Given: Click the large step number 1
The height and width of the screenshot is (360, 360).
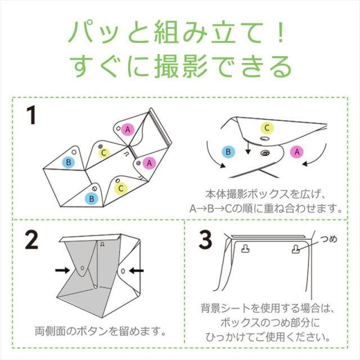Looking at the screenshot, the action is pos(31,115).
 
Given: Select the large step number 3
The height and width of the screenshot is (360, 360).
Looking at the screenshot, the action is pos(205,240).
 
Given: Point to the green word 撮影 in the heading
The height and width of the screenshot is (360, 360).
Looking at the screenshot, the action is pos(182,66).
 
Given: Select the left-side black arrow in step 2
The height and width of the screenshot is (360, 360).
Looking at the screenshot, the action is pos(62,270).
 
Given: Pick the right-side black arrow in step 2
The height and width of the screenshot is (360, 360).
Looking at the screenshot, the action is pos(136,271).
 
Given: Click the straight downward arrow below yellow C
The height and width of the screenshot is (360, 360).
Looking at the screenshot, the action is pos(247,147).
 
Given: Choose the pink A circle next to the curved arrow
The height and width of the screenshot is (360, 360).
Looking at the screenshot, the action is pos(297,152).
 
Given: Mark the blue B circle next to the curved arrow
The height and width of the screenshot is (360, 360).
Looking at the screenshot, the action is pos(228,152).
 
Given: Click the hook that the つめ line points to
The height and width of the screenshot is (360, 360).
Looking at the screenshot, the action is pos(296,249).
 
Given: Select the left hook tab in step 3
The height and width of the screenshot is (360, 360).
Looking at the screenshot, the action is pos(246,249).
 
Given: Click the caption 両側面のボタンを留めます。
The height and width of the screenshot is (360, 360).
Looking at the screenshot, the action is pos(100,331).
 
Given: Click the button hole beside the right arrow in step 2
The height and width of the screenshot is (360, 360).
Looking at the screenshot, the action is pos(123,271).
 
